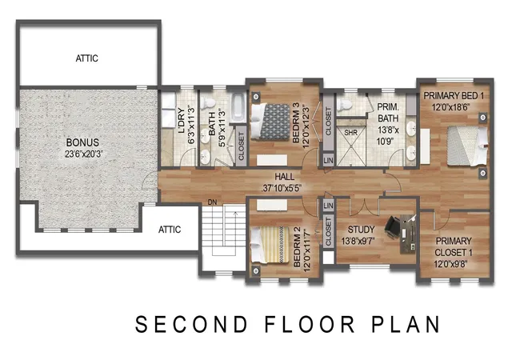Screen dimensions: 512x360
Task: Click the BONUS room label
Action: point(82,142)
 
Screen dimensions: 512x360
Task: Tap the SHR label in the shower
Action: point(350,133)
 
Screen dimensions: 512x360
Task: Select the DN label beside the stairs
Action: point(212,202)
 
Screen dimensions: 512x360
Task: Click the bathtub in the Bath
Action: point(238,107)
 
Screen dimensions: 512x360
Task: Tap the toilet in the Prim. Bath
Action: point(345,104)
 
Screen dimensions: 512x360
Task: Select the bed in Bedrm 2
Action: point(270,245)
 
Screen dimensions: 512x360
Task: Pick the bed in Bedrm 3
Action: point(270,122)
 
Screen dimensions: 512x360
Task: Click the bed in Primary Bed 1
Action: point(467,146)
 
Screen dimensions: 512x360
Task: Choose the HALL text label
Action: point(285,177)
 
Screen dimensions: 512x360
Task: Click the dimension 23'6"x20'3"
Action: point(83,154)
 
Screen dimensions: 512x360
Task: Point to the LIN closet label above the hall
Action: point(329,161)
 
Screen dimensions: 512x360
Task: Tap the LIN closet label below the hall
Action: point(329,206)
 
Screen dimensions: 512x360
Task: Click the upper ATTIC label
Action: point(87,58)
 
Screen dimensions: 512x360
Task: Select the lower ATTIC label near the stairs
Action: point(170,230)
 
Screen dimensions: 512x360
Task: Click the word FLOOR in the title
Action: point(310,324)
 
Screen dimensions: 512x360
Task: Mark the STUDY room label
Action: point(361,230)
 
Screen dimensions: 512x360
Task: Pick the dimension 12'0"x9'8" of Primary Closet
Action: point(450,264)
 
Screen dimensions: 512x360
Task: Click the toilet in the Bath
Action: point(208,103)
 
